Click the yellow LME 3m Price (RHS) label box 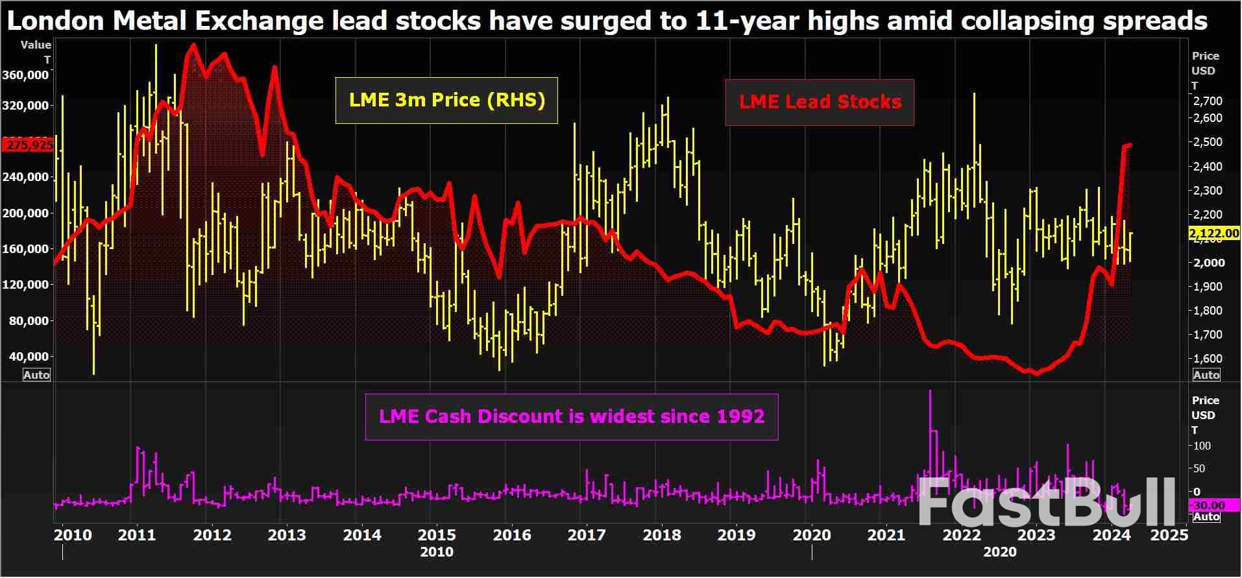[446, 101]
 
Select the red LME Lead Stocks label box [820, 102]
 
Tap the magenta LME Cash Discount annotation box [571, 416]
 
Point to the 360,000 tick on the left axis [26, 75]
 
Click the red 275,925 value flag [28, 145]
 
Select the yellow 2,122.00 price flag [1213, 234]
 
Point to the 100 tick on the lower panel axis [1202, 446]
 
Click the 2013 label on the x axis [287, 535]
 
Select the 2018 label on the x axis [661, 535]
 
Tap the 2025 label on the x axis [1169, 535]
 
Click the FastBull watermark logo [1046, 503]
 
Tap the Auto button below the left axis [36, 376]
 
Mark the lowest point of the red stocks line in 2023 [1036, 374]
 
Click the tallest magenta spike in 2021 [931, 391]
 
